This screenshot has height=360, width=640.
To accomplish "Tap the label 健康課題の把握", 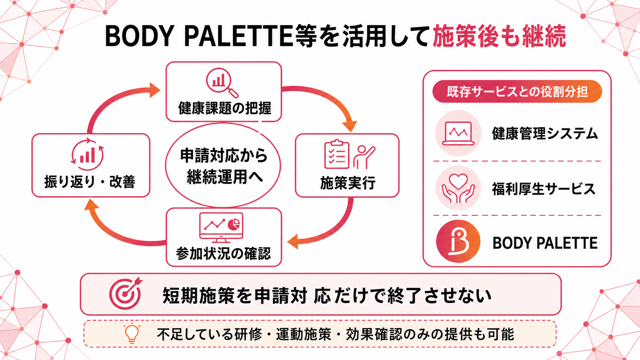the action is (225, 108).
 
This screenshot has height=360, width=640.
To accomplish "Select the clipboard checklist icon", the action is (336, 155).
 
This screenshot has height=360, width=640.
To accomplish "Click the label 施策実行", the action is (348, 183).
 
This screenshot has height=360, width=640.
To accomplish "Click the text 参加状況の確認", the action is (224, 253).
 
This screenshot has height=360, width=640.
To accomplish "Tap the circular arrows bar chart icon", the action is (87, 155).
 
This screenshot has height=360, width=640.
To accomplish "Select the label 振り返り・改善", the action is (90, 182).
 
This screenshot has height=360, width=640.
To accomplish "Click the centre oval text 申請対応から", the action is (224, 156).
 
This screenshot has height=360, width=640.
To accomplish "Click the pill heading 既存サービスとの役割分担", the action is (517, 92).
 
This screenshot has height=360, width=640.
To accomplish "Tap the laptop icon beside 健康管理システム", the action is (458, 133).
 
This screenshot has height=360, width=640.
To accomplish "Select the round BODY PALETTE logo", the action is (458, 241).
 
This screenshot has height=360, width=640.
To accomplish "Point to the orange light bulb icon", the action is (132, 334).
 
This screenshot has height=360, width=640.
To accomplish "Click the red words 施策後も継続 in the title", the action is (499, 36).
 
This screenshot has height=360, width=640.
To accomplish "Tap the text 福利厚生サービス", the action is (544, 189).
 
